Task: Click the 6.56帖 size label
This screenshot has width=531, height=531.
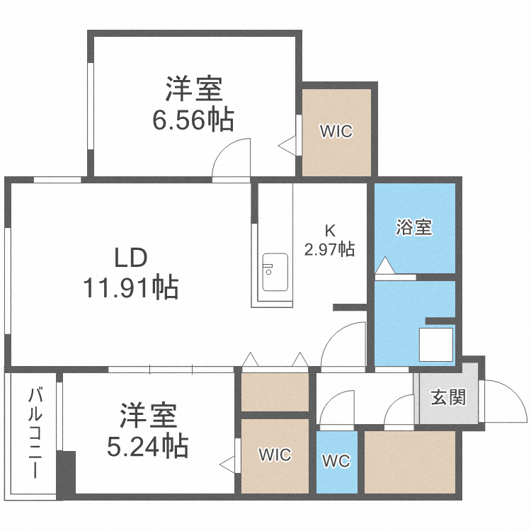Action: [x=193, y=120]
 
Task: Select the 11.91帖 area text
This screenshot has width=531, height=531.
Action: [x=131, y=288]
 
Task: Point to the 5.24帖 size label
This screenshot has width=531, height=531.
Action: [x=147, y=446]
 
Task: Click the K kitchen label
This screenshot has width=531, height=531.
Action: [x=329, y=230]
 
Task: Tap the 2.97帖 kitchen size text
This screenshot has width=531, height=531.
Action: [x=329, y=249]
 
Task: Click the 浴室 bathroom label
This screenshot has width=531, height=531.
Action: [x=414, y=228]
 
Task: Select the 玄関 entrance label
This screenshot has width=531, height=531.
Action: [x=448, y=396]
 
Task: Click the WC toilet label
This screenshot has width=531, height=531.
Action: [x=336, y=462]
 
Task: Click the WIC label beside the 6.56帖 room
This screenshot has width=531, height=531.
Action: [x=336, y=132]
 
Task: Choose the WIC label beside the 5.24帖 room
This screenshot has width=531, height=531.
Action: [x=275, y=455]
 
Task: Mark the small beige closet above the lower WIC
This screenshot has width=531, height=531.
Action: [x=275, y=391]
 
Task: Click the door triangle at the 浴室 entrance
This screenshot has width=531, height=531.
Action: [x=384, y=266]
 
